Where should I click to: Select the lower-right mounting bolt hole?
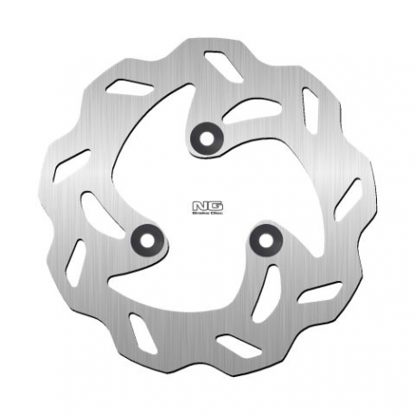pyautogui.click(x=265, y=238)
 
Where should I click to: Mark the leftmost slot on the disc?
pyautogui.click(x=72, y=164)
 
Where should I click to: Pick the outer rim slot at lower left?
pyautogui.click(x=76, y=262)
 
